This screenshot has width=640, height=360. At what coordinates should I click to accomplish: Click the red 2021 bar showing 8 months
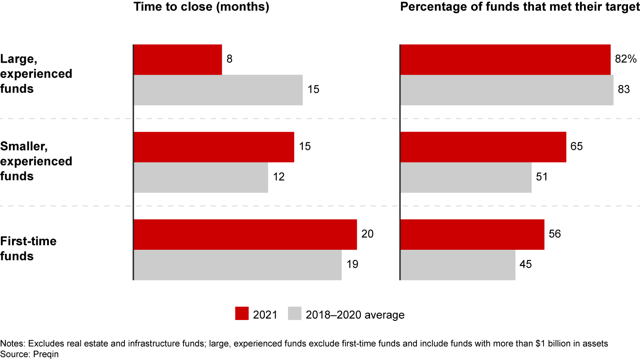[x=178, y=59]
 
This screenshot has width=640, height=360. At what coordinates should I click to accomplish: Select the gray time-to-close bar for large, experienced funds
[x=218, y=90]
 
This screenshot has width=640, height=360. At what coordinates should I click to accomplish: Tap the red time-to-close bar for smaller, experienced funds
[x=214, y=147]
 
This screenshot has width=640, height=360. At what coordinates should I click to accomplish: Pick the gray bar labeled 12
[x=201, y=177]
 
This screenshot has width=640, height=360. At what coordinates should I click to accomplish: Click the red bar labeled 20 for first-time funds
[x=245, y=234]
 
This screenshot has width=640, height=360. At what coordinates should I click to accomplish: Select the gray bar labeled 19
[x=237, y=265]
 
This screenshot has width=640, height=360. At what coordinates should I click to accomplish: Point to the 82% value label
[x=626, y=59]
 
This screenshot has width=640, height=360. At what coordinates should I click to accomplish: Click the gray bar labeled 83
[x=507, y=90]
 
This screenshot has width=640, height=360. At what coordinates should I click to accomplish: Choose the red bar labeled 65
[x=483, y=147]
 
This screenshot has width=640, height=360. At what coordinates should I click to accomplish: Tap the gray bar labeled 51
[x=466, y=177]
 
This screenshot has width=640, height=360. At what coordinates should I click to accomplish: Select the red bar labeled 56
[x=472, y=234]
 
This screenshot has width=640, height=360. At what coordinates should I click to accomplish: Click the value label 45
[x=526, y=264]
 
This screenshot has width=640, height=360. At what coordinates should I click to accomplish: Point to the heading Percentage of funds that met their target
[x=520, y=8]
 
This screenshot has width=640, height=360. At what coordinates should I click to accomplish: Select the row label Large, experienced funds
[x=36, y=73]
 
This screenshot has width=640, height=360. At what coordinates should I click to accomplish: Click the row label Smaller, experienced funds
[x=36, y=161]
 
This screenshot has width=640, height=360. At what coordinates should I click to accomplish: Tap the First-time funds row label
[x=28, y=248]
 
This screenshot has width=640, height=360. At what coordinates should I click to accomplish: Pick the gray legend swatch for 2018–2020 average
[x=295, y=314]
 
